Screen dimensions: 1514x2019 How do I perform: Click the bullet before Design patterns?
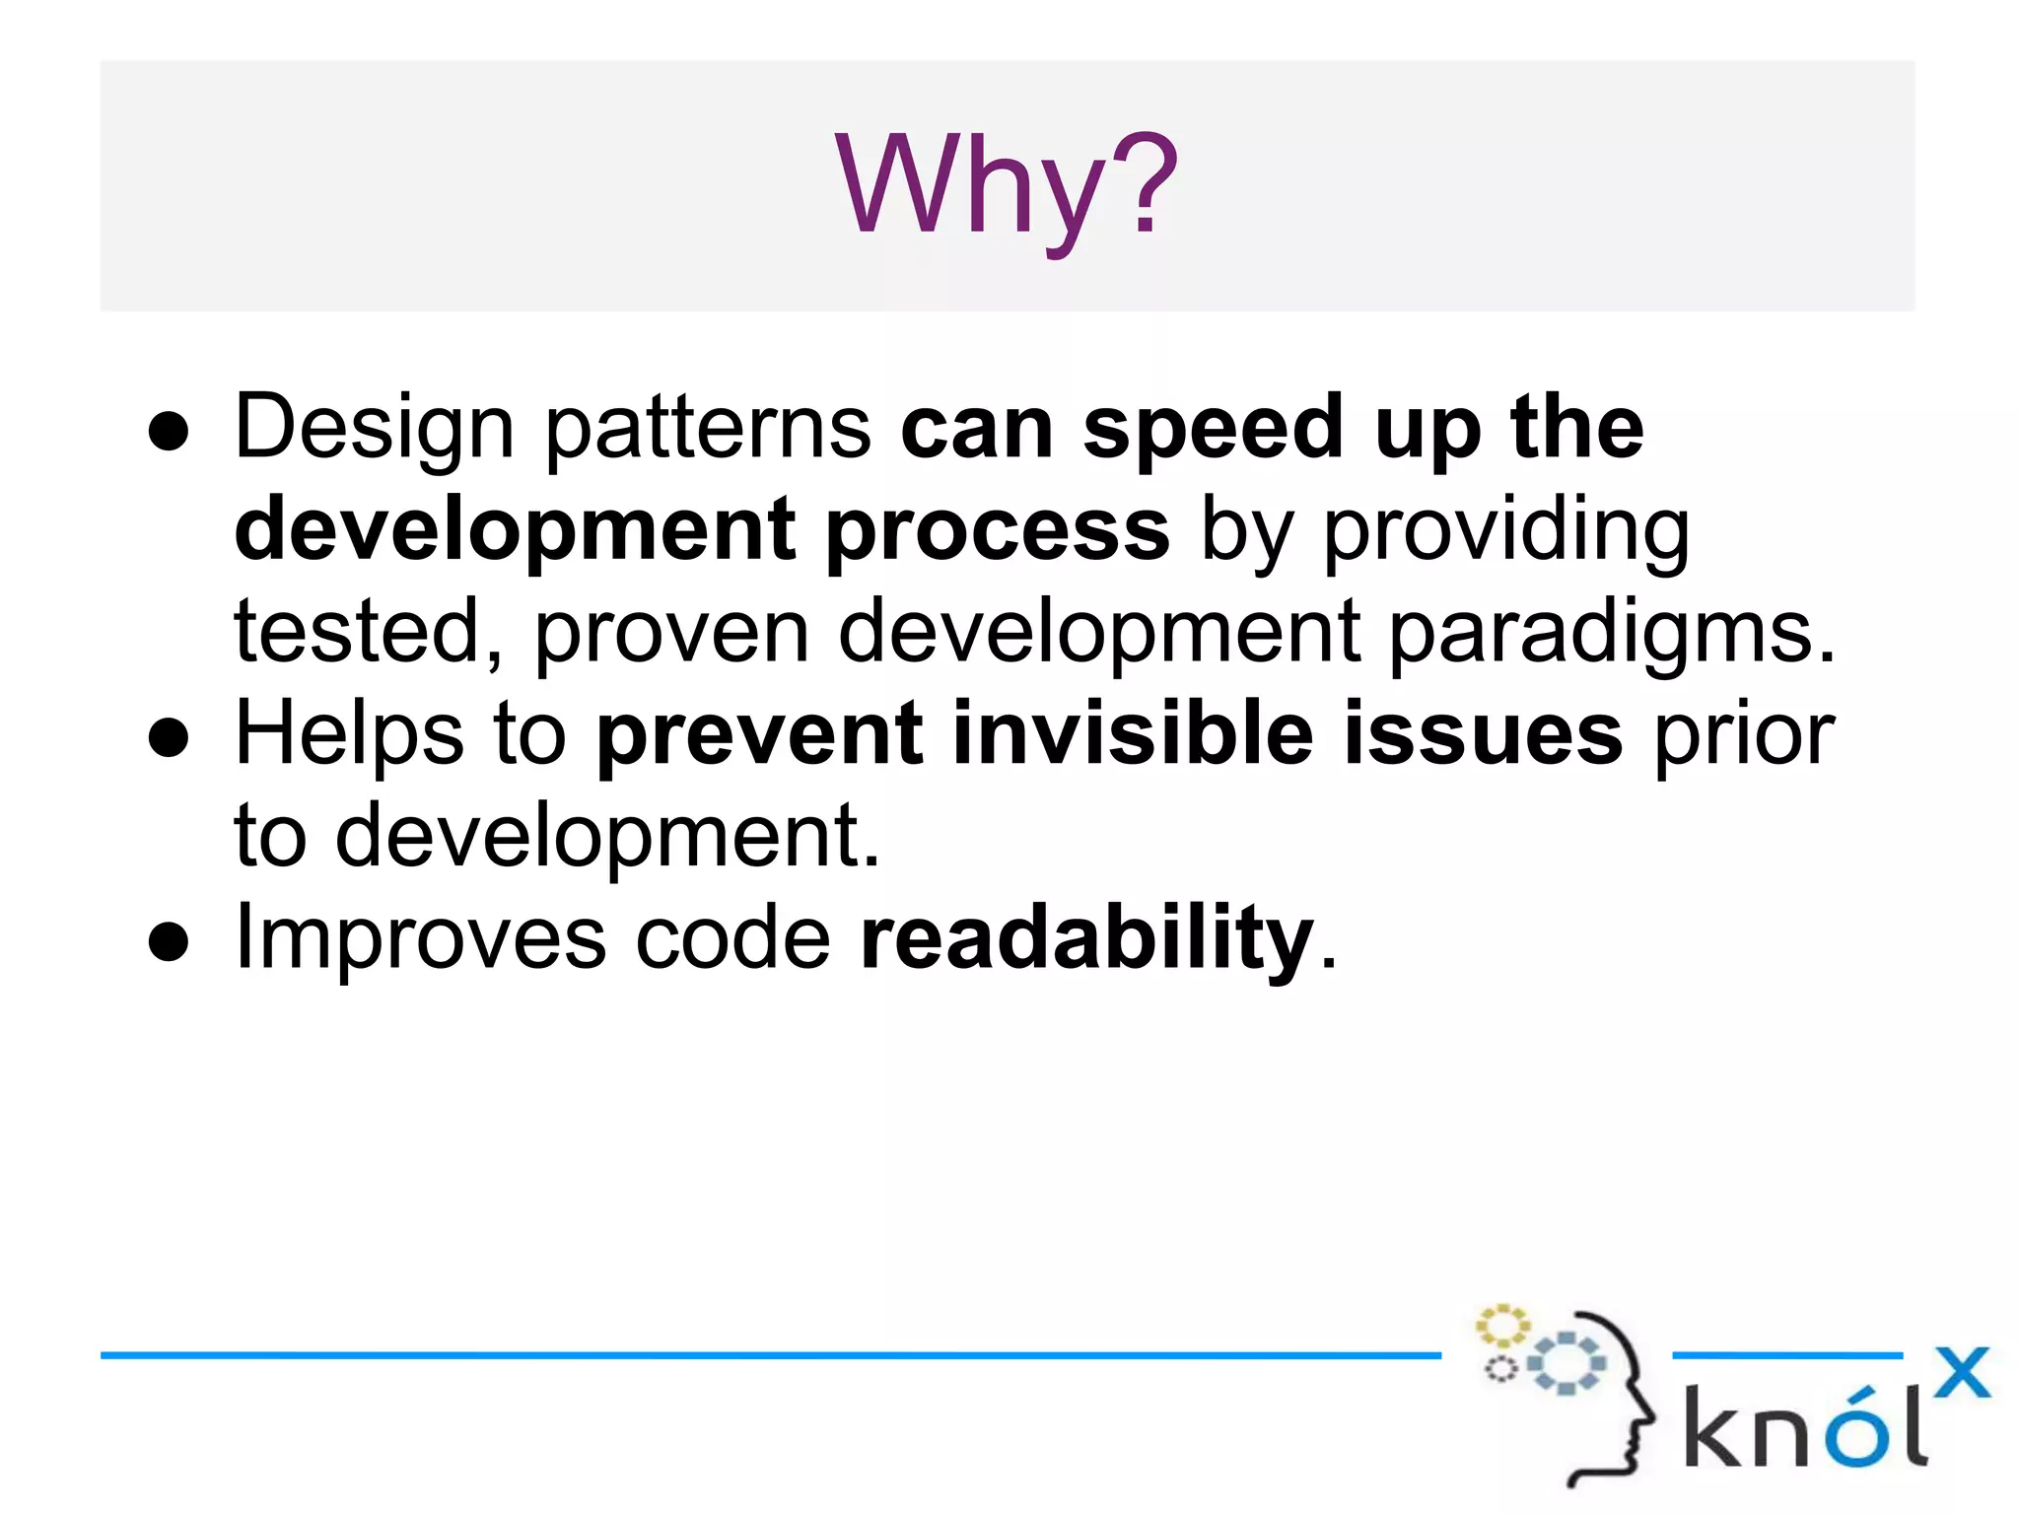169,432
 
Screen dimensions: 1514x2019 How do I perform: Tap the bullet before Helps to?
169,738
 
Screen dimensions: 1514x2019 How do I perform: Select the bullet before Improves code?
169,942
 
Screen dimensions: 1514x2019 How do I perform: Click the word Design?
375,429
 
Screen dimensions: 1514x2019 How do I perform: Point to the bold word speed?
1214,429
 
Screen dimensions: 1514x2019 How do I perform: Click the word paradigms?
1613,633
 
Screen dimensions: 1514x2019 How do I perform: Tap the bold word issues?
1483,734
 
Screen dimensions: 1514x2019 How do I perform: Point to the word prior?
1743,734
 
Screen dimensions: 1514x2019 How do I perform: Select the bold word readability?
1086,938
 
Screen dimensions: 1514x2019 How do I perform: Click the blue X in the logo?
1961,1372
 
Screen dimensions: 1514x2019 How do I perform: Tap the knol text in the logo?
1804,1426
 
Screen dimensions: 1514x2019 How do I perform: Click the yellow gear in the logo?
1501,1326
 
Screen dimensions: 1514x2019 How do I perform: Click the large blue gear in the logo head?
1566,1363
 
